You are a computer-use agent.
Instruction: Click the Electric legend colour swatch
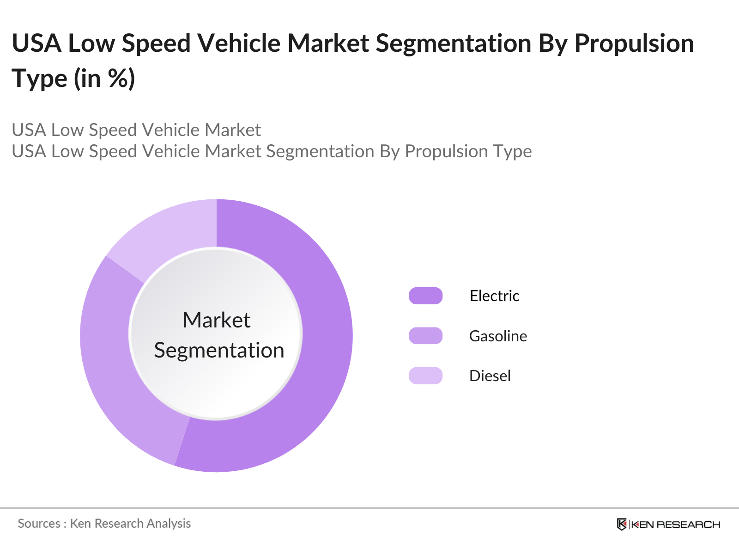point(425,296)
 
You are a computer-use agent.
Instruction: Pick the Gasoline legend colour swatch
point(425,336)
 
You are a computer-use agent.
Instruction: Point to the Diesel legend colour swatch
point(425,376)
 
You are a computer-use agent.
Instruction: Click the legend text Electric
point(494,296)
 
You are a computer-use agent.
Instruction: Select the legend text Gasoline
point(498,336)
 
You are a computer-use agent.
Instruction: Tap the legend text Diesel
point(490,376)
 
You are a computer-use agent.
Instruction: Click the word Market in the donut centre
point(216,320)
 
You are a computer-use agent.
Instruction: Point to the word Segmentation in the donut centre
point(219,350)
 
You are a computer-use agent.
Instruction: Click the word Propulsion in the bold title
point(634,43)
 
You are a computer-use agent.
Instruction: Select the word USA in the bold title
point(37,43)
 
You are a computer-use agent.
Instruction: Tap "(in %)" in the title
point(104,78)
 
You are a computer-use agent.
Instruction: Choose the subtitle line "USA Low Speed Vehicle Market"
point(136,130)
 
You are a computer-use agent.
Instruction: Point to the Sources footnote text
point(104,524)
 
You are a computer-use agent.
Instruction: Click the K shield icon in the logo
point(622,524)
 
